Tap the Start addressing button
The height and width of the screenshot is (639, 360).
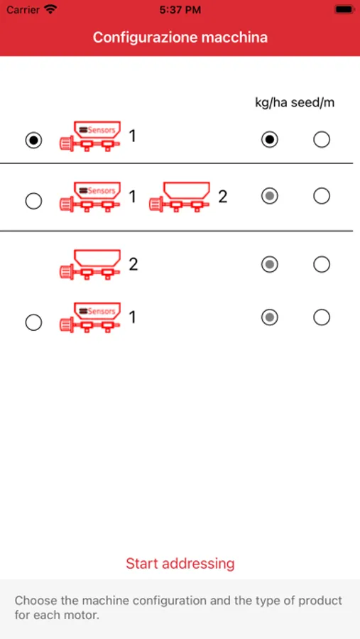(180, 563)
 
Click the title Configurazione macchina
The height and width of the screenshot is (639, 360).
(180, 38)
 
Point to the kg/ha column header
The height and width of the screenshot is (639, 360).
(271, 103)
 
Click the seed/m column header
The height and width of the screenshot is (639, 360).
(312, 103)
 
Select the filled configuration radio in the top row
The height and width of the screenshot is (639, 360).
(33, 141)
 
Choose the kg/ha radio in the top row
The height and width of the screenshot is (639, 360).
(270, 140)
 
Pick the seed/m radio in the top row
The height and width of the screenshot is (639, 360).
(322, 140)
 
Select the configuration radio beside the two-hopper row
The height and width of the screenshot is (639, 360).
(33, 201)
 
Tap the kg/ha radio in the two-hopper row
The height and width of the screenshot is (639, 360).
(270, 196)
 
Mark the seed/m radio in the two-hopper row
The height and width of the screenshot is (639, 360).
(322, 196)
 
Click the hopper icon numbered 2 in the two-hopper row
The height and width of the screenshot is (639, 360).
(180, 197)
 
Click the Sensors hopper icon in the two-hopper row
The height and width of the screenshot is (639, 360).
(90, 197)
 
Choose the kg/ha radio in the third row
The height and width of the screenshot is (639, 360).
(270, 265)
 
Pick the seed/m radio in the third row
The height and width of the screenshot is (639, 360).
(322, 265)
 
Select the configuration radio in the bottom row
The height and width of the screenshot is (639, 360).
(33, 322)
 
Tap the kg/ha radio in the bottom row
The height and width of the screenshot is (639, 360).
(270, 317)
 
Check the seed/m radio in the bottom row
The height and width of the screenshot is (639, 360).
(322, 317)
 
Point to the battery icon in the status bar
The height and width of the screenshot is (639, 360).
(344, 9)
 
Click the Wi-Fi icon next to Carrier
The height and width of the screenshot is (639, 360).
(50, 9)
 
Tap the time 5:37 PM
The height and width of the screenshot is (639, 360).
(180, 10)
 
